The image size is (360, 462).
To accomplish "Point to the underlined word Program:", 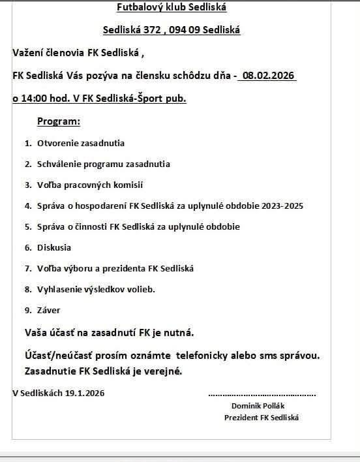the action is [x=59, y=121].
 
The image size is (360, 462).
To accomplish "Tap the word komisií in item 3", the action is [x=128, y=185].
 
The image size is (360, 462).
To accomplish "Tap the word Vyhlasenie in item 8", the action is [x=57, y=289].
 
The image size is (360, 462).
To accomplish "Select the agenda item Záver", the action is [x=49, y=310].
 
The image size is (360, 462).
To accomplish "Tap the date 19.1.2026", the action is [x=84, y=393].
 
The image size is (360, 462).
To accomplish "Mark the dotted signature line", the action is [x=262, y=394].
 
